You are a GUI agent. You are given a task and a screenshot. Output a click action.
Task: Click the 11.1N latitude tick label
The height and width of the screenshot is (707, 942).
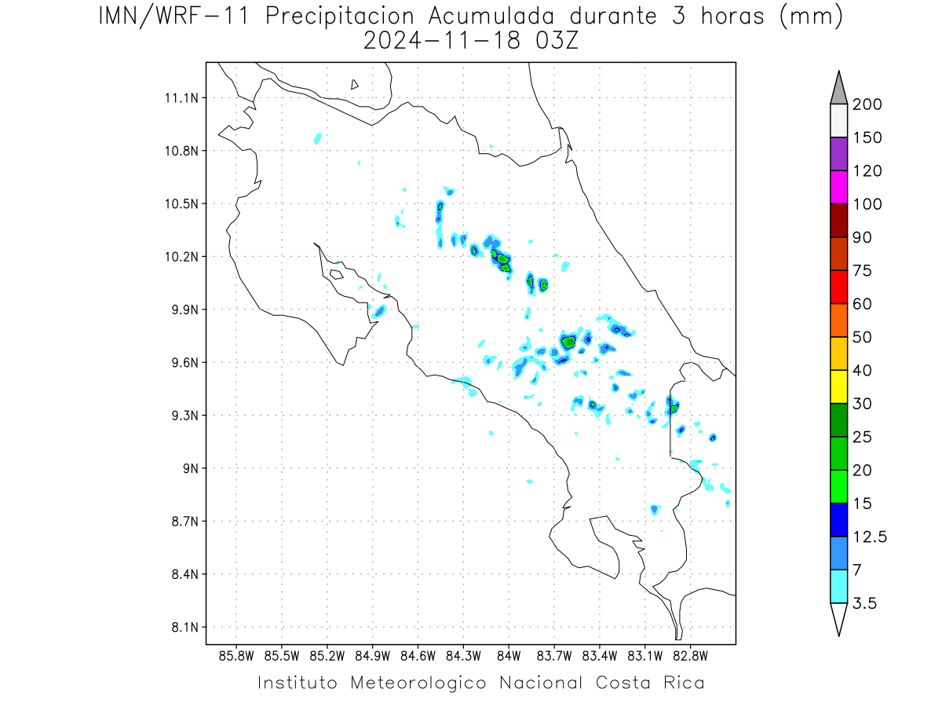[181, 98]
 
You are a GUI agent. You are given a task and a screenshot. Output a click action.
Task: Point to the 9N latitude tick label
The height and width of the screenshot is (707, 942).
[191, 468]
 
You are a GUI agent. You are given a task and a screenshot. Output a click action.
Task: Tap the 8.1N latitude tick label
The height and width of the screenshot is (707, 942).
[185, 627]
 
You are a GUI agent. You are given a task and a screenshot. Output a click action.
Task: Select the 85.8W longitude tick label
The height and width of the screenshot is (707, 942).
[236, 656]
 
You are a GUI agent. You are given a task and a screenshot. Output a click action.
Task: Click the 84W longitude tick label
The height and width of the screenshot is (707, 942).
[509, 656]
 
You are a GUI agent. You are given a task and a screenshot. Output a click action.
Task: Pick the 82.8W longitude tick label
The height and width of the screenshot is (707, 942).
[690, 656]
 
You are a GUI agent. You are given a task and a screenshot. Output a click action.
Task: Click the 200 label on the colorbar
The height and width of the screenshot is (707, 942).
[867, 104]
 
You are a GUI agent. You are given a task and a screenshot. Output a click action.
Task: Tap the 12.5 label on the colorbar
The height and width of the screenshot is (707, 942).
[870, 537]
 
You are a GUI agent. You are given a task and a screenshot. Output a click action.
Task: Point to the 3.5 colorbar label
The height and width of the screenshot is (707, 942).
[864, 603]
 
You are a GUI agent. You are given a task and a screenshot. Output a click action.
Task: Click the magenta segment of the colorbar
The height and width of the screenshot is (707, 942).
[838, 187]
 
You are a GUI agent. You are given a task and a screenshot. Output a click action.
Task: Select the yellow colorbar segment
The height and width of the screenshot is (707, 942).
[838, 386]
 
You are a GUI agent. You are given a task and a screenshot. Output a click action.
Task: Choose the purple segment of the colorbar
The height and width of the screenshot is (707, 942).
[838, 154]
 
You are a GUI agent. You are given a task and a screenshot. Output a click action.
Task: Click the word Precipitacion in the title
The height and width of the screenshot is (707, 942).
[339, 16]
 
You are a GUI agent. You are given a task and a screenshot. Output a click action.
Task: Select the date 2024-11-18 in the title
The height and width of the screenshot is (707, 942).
[442, 42]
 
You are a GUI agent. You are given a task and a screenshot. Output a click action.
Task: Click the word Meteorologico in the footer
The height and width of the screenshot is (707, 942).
[418, 683]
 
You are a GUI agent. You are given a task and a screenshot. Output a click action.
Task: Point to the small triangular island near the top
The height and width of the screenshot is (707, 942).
[353, 85]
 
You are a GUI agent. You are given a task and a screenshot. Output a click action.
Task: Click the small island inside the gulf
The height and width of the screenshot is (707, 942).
[337, 274]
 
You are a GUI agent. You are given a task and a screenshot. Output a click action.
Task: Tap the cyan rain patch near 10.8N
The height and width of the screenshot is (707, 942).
[318, 139]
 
